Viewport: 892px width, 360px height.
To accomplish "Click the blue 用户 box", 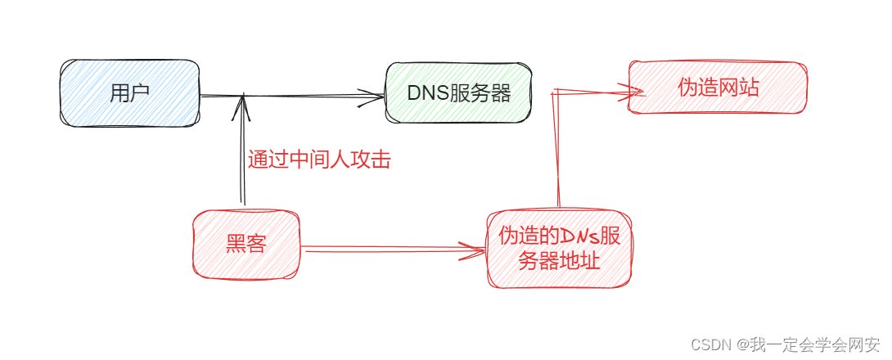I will point(129,93).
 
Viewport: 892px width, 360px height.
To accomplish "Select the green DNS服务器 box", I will point(458,93).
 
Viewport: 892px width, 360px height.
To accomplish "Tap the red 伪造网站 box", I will point(718,88).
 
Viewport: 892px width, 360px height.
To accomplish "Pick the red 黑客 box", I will point(246,243).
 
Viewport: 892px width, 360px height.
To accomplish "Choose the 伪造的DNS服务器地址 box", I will point(559,249).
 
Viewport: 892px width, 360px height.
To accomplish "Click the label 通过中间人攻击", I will point(319,160).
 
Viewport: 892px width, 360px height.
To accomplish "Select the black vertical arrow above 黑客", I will point(242,155).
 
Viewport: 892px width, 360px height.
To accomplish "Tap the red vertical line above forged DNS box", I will point(557,151).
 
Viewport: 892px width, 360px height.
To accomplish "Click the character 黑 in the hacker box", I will point(234,243).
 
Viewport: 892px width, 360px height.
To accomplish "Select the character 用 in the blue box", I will point(119,93).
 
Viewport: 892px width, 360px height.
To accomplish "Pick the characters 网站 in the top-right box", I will point(739,88).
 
